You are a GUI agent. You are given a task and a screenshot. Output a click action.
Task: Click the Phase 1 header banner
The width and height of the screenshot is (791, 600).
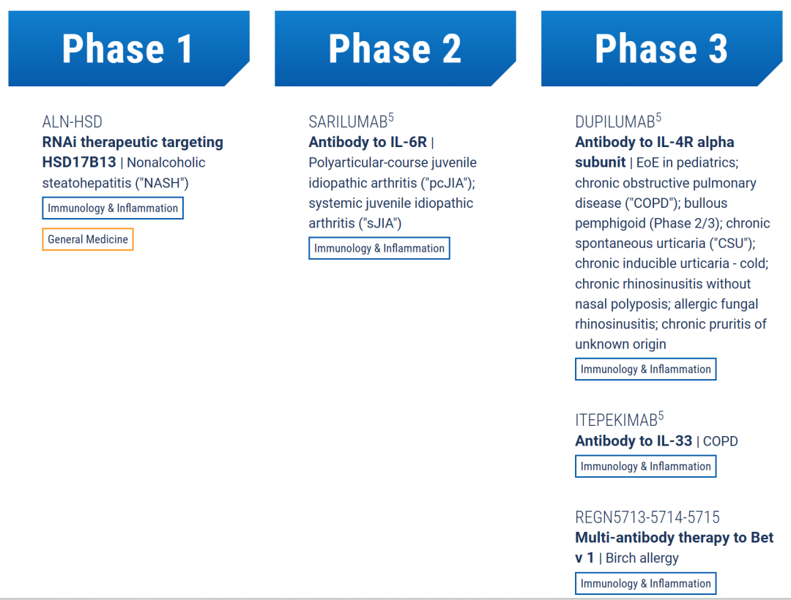pos(129,48)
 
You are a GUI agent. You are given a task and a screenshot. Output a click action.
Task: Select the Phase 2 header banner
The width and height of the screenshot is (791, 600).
pos(395,48)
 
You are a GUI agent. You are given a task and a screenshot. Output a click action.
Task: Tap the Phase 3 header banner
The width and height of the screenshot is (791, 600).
pos(661,48)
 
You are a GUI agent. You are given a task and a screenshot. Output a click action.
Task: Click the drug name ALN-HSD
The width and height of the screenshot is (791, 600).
pos(72,122)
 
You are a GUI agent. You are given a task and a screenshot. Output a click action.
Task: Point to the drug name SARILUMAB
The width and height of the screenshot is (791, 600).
pos(348,122)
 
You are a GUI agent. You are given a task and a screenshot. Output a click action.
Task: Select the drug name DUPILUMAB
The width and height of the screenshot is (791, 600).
pos(615,122)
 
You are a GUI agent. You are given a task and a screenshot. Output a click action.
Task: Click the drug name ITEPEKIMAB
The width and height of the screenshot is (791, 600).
pos(617,420)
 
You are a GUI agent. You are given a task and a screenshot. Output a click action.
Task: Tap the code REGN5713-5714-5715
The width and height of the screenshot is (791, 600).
pos(647,517)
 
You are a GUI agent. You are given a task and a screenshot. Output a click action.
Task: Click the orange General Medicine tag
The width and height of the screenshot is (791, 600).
pos(88,239)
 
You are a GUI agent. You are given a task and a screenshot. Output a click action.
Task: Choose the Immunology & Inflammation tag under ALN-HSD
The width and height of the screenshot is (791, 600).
pos(113,208)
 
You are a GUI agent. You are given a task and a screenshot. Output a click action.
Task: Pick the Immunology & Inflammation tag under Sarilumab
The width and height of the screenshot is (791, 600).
pos(379,248)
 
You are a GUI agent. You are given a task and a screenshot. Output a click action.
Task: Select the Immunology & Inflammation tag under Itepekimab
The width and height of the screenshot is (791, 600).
pos(646,467)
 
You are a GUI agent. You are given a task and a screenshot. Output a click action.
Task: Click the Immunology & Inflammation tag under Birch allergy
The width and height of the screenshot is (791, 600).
pos(646,583)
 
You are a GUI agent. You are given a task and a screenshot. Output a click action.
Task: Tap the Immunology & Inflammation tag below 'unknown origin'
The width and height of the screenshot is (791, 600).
pos(646,370)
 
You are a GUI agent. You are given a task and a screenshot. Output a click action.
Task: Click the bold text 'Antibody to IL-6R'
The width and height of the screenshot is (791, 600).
pos(368,143)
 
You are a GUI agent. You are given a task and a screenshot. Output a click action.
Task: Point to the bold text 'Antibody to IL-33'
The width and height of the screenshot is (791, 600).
pos(634,441)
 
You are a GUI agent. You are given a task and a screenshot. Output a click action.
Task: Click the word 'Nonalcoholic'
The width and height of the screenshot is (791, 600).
pos(166,162)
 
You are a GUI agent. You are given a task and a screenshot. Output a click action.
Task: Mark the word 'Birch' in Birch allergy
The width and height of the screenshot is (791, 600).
pos(620,558)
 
